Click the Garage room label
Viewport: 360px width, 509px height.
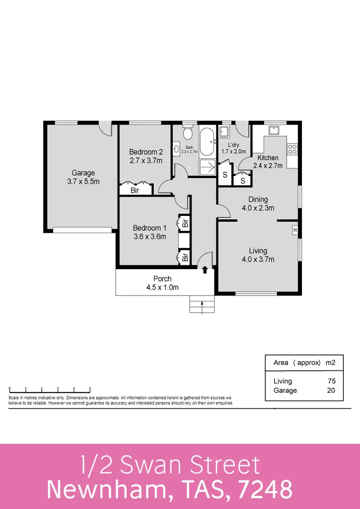(x=84, y=173)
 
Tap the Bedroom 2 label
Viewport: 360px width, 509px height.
(x=143, y=152)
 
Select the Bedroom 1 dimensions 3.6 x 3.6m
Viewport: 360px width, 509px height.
(x=149, y=237)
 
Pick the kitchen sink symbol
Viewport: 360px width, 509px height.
(x=275, y=130)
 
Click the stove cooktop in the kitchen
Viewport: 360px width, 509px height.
(x=292, y=149)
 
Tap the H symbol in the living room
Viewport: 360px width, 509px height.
(x=295, y=230)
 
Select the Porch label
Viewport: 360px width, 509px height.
(x=162, y=279)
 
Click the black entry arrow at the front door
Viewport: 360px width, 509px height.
(x=205, y=270)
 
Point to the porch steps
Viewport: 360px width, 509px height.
(x=202, y=304)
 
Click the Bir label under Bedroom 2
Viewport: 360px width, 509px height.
(x=136, y=190)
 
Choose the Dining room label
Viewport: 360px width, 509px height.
(x=258, y=200)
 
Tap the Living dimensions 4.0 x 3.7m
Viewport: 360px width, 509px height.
(x=258, y=260)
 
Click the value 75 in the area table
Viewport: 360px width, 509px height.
(x=331, y=381)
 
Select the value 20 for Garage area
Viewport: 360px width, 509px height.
(x=331, y=391)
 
